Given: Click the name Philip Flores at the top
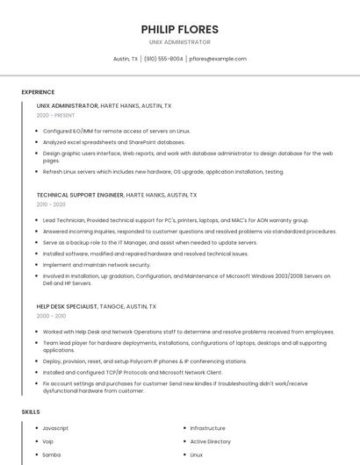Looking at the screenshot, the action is [179, 29].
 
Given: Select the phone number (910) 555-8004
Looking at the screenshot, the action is [163, 59].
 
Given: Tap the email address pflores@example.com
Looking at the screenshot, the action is [218, 59].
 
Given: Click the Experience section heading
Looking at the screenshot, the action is [38, 91].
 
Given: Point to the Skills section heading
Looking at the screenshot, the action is [31, 411].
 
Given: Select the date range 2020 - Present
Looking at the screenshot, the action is [55, 115].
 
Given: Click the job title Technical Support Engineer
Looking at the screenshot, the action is [80, 195].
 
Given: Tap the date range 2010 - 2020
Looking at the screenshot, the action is [51, 204].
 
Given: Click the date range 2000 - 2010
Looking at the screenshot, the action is [51, 316].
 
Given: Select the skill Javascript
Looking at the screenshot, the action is [55, 428].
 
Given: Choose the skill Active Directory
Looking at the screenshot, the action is [210, 441].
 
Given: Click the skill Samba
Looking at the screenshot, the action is [52, 455].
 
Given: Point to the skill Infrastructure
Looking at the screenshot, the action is [207, 428].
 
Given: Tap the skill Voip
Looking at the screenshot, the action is [48, 441].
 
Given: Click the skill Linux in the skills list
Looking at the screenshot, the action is [197, 455].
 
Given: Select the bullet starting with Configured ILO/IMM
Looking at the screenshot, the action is [116, 131].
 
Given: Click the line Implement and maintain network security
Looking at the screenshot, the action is [97, 264].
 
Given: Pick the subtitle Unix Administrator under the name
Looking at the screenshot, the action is [179, 42].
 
